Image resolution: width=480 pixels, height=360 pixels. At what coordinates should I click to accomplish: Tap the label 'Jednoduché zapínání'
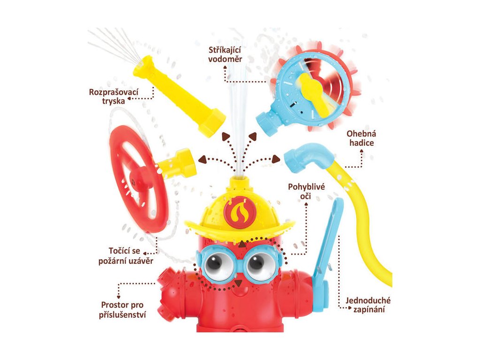point(368,305)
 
